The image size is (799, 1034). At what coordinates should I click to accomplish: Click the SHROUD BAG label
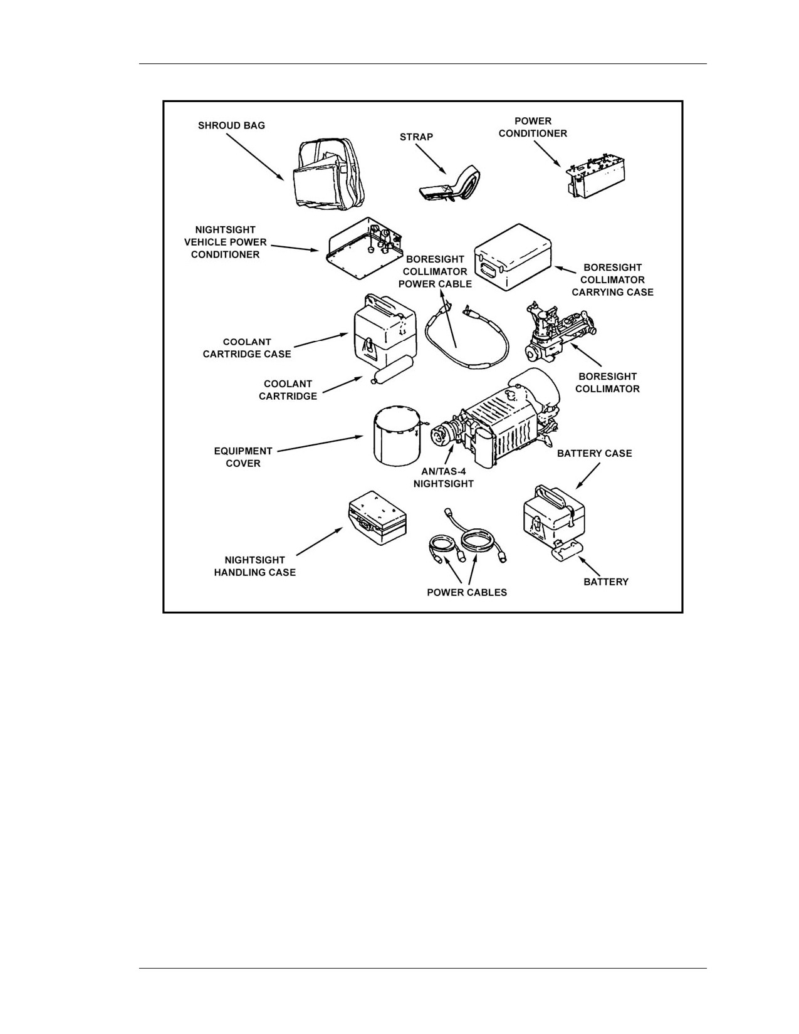pyautogui.click(x=231, y=125)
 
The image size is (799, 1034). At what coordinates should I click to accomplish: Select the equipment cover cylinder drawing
pyautogui.click(x=397, y=434)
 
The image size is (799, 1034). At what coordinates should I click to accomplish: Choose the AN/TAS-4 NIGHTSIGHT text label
pyautogui.click(x=444, y=478)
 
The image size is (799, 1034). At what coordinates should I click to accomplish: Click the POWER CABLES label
pyautogui.click(x=467, y=592)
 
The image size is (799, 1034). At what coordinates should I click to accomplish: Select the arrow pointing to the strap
pyautogui.click(x=431, y=159)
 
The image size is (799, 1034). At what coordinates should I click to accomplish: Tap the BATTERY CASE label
pyautogui.click(x=594, y=454)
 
